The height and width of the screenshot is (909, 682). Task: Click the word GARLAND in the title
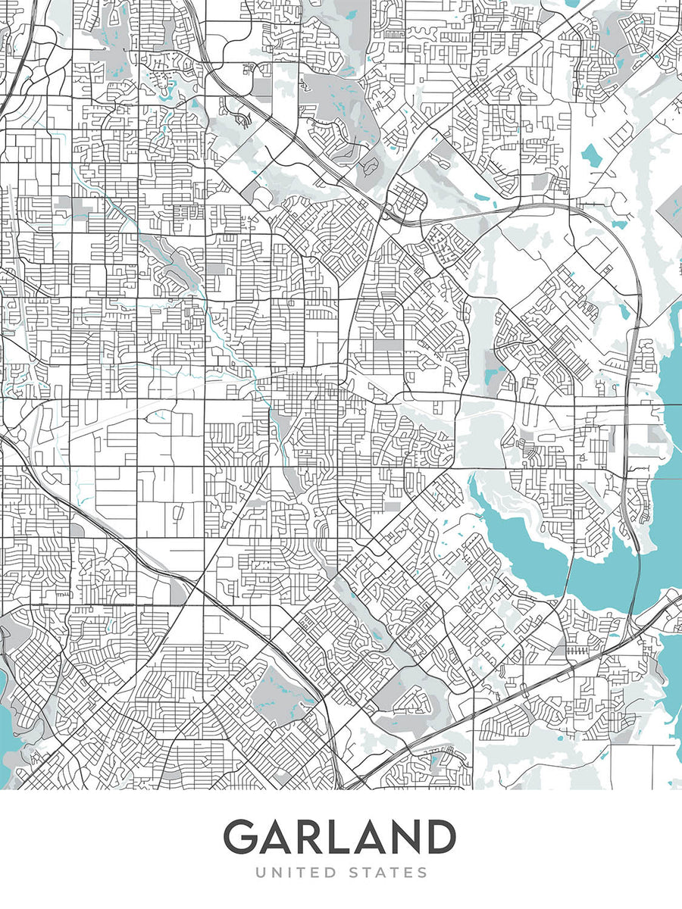(339, 837)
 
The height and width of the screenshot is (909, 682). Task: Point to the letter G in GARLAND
(239, 837)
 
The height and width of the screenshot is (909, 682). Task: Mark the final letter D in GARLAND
(439, 837)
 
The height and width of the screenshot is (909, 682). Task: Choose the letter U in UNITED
(261, 873)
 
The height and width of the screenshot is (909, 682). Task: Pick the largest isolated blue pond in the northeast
(591, 155)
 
